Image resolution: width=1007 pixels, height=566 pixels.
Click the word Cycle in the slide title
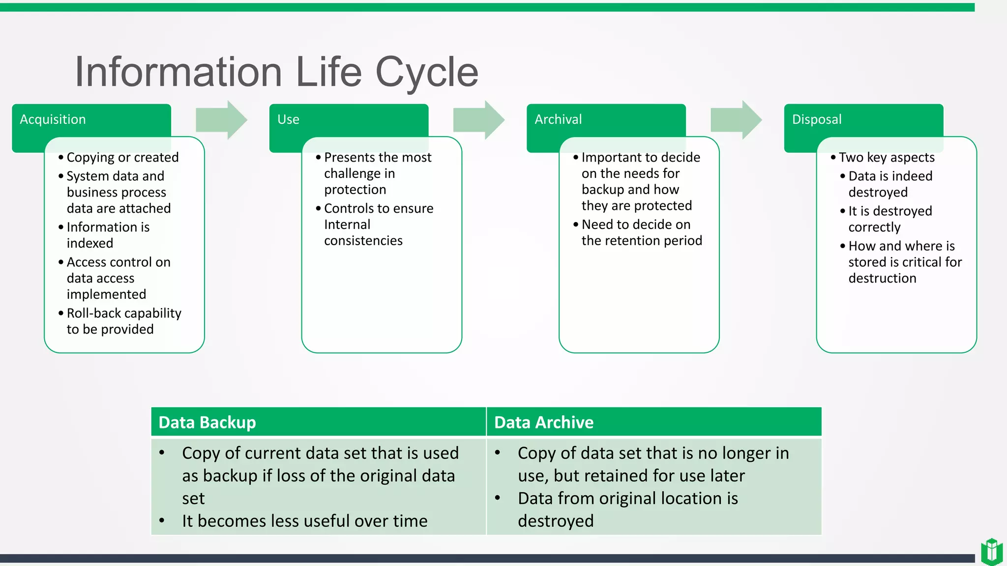coord(426,72)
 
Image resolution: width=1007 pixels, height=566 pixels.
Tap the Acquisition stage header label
coord(53,119)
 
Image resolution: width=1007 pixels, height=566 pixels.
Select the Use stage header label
coord(288,119)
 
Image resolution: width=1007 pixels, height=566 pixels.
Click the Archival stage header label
coord(558,119)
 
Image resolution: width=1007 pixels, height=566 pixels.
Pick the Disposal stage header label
coord(817,119)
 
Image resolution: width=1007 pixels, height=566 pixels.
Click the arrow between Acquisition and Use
coord(221,120)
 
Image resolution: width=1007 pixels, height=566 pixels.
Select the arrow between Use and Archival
coord(478,120)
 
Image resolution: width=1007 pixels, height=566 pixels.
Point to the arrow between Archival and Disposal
coord(736,120)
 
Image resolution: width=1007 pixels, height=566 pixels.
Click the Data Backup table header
coord(207,423)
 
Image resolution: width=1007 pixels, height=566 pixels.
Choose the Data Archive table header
coord(544,423)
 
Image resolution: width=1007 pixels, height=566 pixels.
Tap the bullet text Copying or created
coord(122,157)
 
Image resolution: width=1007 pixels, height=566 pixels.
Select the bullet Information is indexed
coord(108,235)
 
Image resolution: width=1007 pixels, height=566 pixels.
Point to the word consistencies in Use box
coord(363,241)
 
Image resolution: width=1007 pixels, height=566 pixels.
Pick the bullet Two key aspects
coord(887,157)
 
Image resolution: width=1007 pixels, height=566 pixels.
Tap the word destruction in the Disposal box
coord(882,278)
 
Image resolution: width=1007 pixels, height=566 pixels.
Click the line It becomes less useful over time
coord(304,521)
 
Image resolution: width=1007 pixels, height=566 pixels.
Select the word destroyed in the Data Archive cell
coord(556,521)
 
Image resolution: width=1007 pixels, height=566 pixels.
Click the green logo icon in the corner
coord(991,551)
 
